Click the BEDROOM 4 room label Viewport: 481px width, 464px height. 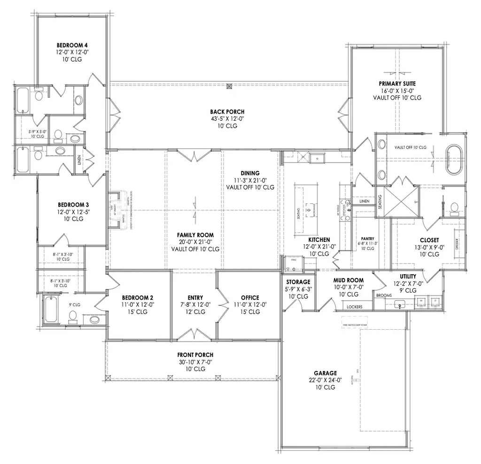tap(72, 45)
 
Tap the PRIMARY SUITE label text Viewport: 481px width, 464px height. tap(397, 84)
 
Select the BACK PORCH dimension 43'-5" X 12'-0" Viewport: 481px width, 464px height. tap(227, 118)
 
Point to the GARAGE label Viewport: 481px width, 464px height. tap(325, 373)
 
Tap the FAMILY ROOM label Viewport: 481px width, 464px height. tap(195, 235)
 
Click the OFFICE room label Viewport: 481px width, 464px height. tap(250, 298)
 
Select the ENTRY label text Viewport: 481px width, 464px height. tap(195, 298)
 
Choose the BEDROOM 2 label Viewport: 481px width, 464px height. tap(138, 298)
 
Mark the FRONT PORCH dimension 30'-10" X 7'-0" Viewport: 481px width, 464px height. tap(195, 362)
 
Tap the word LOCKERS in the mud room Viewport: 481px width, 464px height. tap(354, 306)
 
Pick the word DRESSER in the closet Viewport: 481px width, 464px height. tap(457, 244)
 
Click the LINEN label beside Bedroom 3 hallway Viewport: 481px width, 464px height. tap(79, 161)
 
